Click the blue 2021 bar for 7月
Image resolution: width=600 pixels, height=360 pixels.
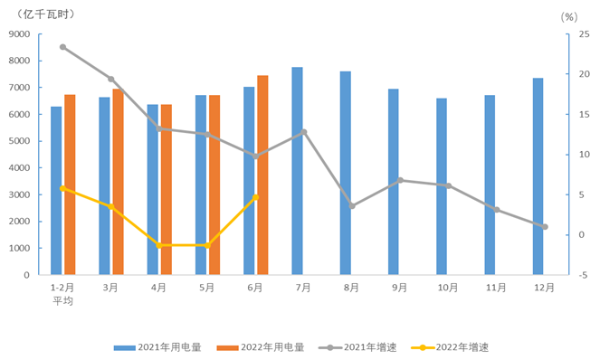pyautogui.click(x=298, y=171)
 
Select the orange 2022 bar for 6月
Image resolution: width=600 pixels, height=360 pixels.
pyautogui.click(x=262, y=175)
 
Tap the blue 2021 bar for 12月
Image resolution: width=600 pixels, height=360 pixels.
pyautogui.click(x=538, y=176)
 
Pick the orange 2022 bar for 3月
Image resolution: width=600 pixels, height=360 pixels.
pyautogui.click(x=118, y=182)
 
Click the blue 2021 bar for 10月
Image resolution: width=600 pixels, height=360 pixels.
pyautogui.click(x=442, y=186)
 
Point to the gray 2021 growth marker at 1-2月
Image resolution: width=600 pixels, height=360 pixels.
pyautogui.click(x=62, y=47)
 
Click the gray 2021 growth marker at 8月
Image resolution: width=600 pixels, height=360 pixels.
pyautogui.click(x=352, y=206)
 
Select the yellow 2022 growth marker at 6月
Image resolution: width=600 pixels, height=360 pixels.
pyautogui.click(x=256, y=197)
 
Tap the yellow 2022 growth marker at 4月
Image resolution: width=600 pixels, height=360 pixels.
pyautogui.click(x=159, y=245)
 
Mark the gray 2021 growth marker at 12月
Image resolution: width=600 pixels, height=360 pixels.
pyautogui.click(x=545, y=227)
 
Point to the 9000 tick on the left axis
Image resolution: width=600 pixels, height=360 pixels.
pyautogui.click(x=18, y=34)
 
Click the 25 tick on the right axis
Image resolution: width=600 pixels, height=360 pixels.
pyautogui.click(x=584, y=34)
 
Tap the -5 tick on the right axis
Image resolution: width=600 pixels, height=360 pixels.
pyautogui.click(x=584, y=275)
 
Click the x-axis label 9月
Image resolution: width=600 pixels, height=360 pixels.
pyautogui.click(x=400, y=288)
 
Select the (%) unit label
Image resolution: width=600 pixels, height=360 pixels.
pyautogui.click(x=568, y=16)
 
